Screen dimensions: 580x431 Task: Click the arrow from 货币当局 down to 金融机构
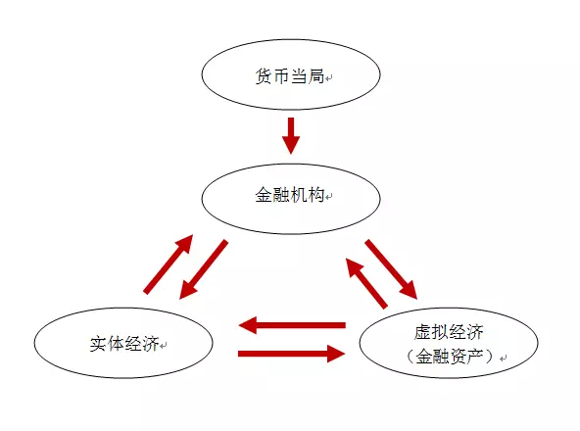click(291, 135)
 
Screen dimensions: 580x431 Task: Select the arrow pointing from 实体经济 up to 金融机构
click(169, 264)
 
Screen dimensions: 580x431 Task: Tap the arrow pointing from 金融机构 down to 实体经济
click(203, 269)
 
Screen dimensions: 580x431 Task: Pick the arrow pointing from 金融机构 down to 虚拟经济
click(391, 269)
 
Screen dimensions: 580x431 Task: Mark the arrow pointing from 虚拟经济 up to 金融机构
click(366, 283)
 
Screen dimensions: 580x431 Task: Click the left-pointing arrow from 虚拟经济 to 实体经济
click(292, 325)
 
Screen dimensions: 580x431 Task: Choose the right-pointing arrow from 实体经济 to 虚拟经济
click(292, 354)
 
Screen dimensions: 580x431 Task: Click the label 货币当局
click(290, 76)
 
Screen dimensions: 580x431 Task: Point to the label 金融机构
click(290, 195)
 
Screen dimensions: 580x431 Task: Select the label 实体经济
click(124, 344)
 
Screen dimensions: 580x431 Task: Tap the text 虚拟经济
click(449, 332)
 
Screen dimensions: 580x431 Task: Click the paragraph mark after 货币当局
click(329, 78)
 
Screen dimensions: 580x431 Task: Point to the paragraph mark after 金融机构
click(329, 197)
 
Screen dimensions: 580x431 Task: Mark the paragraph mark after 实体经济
click(164, 346)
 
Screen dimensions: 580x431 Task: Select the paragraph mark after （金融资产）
click(503, 359)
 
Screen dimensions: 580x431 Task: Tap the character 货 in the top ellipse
click(264, 76)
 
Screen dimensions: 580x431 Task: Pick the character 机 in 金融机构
click(298, 195)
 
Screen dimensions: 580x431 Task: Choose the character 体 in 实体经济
click(116, 344)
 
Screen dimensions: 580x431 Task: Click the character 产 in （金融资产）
click(474, 357)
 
